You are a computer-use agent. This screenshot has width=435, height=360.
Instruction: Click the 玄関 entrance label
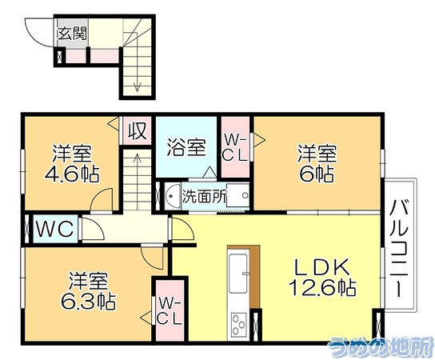coord(73,34)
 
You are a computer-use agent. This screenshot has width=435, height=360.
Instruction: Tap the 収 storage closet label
coord(137,130)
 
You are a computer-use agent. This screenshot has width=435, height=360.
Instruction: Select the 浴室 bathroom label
coord(186,148)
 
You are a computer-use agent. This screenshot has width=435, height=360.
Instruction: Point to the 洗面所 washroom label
coord(204,197)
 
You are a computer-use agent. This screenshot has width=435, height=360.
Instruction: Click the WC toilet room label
coord(55,229)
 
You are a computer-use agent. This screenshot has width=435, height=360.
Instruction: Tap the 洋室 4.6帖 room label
coord(72,163)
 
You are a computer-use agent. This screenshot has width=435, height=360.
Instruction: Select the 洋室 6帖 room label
coord(317,163)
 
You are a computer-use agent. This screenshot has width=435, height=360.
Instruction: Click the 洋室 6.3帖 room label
coord(88,291)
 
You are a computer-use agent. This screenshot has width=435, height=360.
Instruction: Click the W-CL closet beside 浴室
coord(235,147)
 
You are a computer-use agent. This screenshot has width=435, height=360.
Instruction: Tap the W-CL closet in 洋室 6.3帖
coord(170,311)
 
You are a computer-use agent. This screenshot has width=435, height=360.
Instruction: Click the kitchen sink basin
coord(238,274)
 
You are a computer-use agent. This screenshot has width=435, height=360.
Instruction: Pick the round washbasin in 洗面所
coord(170,196)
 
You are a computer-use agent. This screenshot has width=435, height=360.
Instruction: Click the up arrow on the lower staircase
coord(138,181)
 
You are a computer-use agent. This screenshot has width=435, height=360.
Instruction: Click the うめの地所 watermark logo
coord(381,347)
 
